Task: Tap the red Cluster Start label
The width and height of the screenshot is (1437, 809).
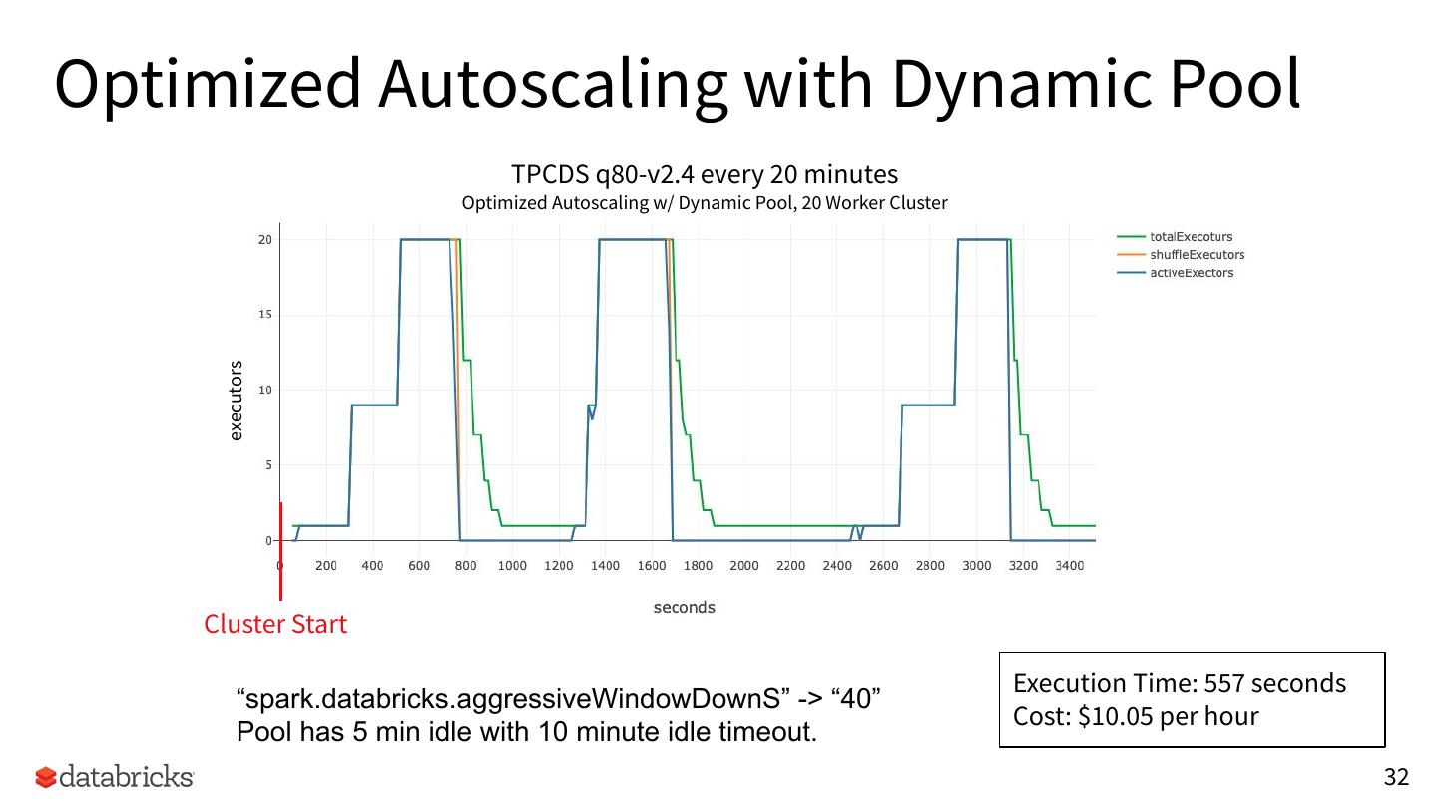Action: click(275, 624)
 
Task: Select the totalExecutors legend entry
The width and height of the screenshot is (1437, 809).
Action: click(1191, 237)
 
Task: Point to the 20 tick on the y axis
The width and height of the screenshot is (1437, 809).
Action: click(264, 240)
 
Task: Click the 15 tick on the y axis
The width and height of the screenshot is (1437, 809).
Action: click(264, 315)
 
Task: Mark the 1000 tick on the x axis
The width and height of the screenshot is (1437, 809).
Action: click(512, 566)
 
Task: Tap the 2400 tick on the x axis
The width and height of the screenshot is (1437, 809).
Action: click(837, 566)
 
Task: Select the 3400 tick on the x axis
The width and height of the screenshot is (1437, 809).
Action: click(1069, 566)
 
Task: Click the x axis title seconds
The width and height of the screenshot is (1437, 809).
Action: click(684, 607)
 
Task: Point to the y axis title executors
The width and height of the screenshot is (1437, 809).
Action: click(236, 401)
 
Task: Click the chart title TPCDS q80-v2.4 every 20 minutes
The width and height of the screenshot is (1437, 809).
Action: click(704, 174)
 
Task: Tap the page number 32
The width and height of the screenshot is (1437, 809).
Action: click(1395, 777)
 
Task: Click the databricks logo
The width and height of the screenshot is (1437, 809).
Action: click(114, 777)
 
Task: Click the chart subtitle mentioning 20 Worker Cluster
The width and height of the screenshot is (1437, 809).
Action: click(704, 203)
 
